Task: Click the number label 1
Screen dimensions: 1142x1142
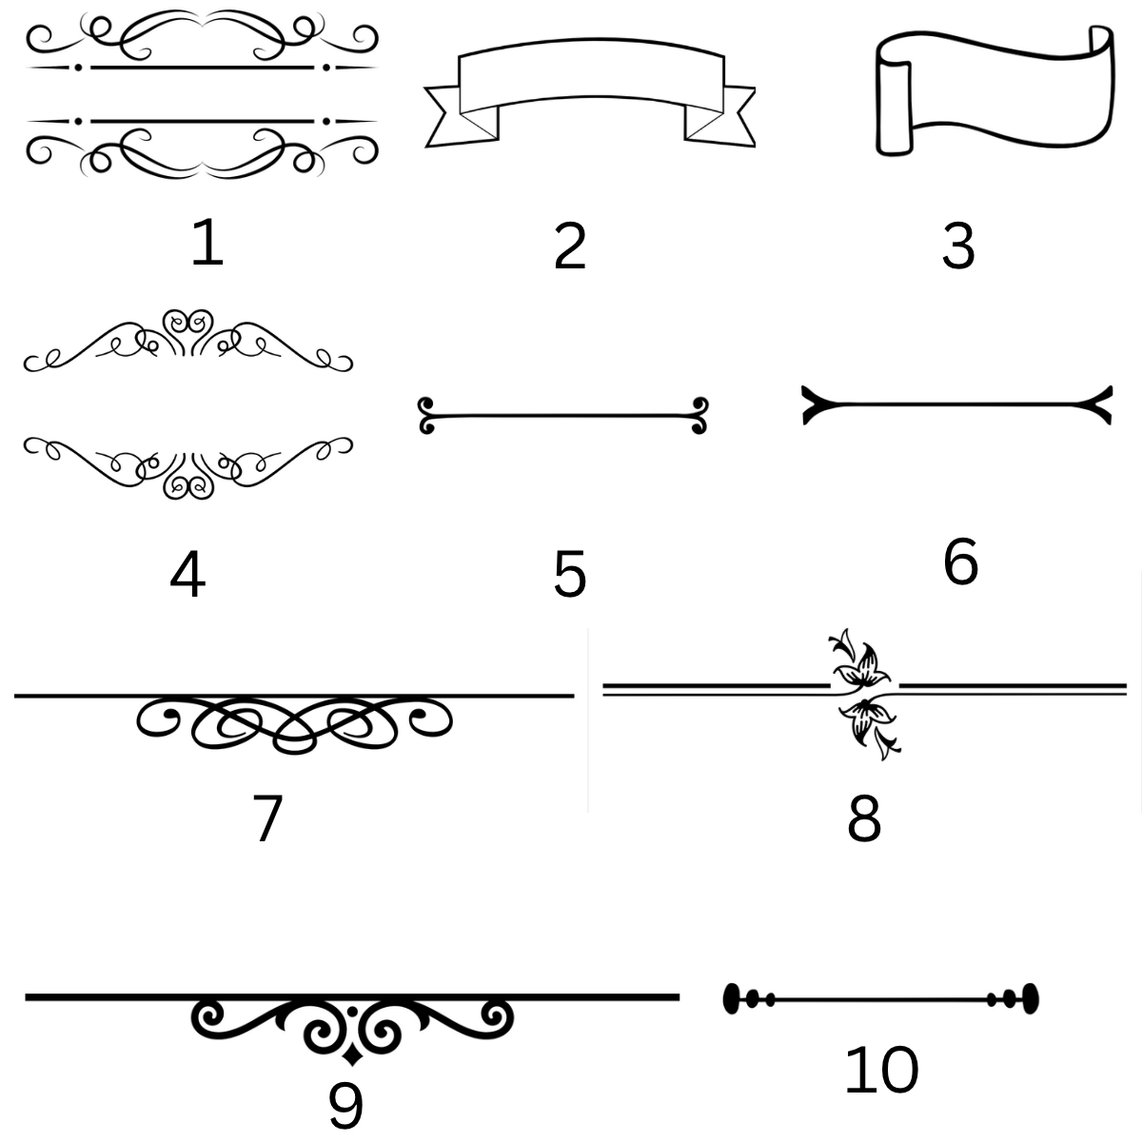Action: [x=207, y=242]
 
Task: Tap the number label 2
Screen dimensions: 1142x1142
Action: [x=569, y=246]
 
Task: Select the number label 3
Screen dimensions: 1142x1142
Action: [x=958, y=246]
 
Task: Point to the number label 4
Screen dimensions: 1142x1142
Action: [x=187, y=574]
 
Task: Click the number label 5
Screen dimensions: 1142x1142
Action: [x=569, y=574]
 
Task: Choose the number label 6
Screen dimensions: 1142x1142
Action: [x=960, y=561]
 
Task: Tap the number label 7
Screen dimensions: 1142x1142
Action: [x=267, y=817]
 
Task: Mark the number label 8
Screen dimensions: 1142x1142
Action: [x=864, y=818]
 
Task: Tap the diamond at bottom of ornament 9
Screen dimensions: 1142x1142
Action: [x=353, y=1056]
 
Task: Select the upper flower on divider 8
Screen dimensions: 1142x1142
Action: [x=859, y=660]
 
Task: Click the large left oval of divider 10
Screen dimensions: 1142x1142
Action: [x=732, y=998]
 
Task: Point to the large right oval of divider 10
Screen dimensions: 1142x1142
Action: [x=1031, y=998]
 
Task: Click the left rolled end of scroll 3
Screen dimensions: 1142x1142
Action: [x=895, y=107]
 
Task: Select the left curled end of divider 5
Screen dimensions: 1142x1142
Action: [x=426, y=415]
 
